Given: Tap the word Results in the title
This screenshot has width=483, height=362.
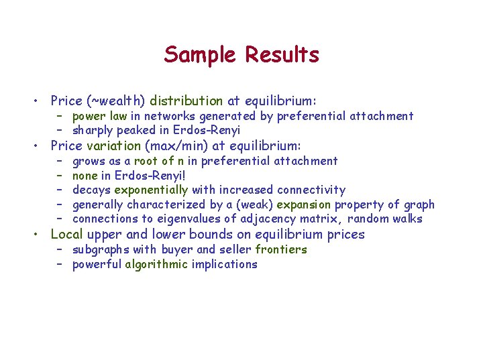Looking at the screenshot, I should [x=282, y=54].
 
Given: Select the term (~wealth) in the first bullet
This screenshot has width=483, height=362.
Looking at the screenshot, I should [x=116, y=101].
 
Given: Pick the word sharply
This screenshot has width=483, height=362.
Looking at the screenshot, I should [x=93, y=131].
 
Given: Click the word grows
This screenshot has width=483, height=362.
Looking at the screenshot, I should [x=88, y=161].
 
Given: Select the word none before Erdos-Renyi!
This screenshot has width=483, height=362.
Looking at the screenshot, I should [x=86, y=176].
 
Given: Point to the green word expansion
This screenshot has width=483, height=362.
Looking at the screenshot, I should [x=304, y=205].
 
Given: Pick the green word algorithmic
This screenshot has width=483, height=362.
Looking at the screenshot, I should [x=156, y=264].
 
